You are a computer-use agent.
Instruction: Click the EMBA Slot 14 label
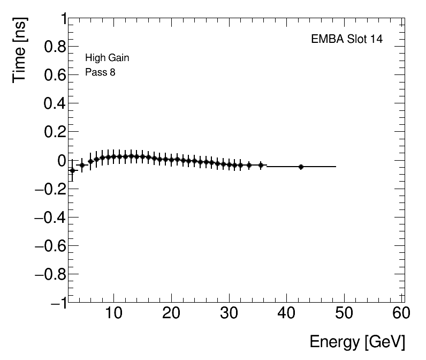click(x=347, y=40)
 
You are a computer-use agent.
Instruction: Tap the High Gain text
click(x=107, y=58)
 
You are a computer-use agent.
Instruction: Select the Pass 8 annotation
click(x=100, y=72)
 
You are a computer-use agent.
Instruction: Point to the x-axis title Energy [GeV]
click(x=357, y=342)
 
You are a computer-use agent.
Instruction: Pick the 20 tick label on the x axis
click(x=171, y=313)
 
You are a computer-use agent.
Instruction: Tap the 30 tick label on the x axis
click(x=229, y=313)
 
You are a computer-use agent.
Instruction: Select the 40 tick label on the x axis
click(x=287, y=313)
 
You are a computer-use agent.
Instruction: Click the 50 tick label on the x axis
click(x=344, y=313)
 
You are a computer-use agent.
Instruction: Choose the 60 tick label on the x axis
click(x=401, y=313)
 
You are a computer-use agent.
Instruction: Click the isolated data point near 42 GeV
click(x=301, y=167)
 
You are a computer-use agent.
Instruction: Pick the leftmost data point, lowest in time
click(x=72, y=170)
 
